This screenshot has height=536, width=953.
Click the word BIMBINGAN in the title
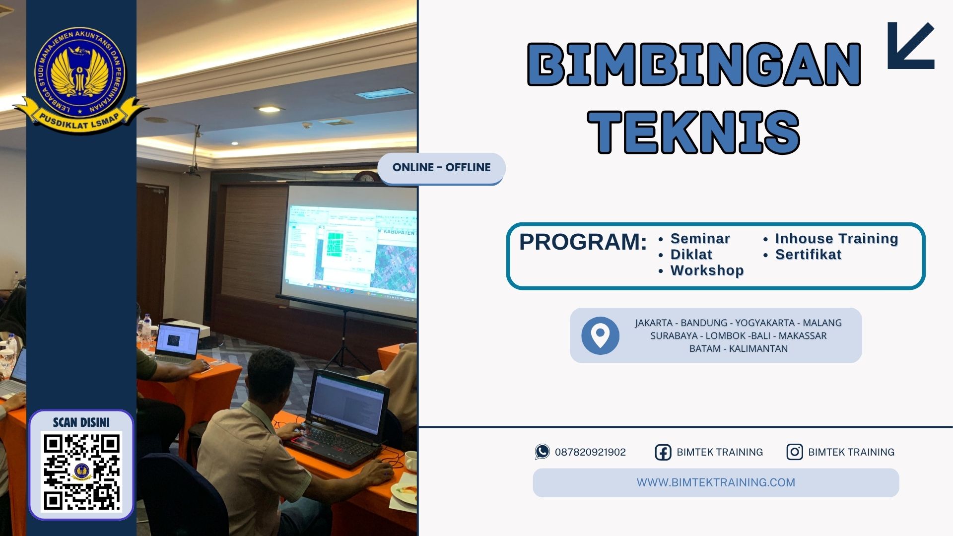tap(694, 65)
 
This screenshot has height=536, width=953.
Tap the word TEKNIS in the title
tap(694, 132)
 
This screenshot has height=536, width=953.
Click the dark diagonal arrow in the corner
tap(911, 46)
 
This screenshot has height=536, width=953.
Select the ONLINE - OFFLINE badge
tap(441, 168)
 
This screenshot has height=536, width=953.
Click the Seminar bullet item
tap(700, 239)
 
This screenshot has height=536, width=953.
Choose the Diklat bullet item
tap(691, 255)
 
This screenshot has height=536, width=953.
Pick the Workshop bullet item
tap(707, 270)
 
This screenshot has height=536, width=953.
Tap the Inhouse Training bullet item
tap(836, 239)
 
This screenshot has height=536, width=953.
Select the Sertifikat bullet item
tap(808, 255)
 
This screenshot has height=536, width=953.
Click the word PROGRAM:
tap(583, 242)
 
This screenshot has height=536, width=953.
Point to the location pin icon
tap(600, 335)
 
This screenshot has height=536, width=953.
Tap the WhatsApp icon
tap(542, 452)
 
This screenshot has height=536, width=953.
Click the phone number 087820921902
tap(590, 452)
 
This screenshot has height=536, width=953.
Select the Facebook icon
tap(663, 452)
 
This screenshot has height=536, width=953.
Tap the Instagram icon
tap(794, 452)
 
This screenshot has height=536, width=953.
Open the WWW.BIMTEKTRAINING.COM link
tap(716, 482)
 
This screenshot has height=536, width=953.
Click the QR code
tap(81, 471)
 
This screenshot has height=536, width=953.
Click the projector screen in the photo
tap(350, 243)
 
